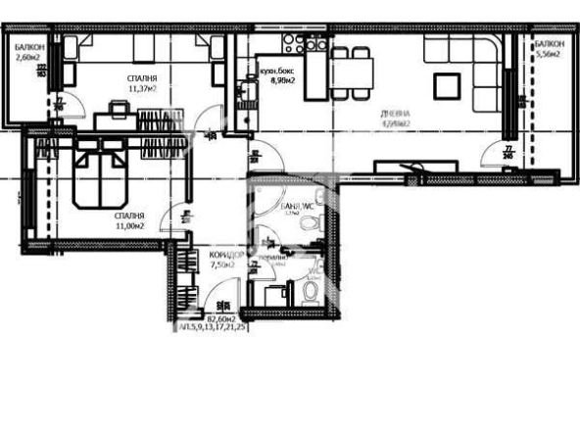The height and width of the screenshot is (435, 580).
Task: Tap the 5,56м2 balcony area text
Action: click(x=550, y=56)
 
